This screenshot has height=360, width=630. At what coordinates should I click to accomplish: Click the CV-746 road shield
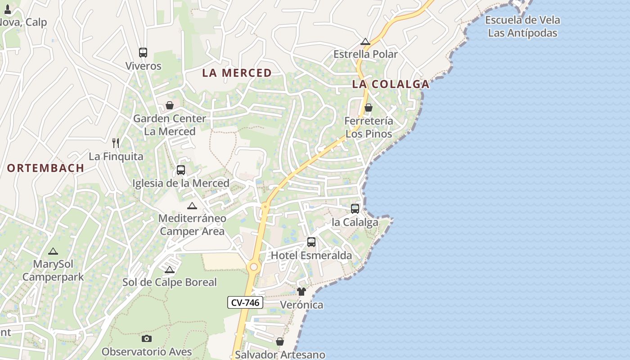(x=245, y=302)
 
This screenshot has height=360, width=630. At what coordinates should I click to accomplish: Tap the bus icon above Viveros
(x=143, y=53)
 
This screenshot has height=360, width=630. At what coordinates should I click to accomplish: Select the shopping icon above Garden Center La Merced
(x=170, y=105)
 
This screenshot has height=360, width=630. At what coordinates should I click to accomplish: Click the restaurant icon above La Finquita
(x=116, y=143)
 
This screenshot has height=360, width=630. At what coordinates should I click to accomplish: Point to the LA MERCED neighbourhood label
(x=237, y=73)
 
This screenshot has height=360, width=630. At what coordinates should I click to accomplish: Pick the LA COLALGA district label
(x=391, y=84)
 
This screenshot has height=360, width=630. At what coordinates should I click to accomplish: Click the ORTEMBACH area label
(x=45, y=168)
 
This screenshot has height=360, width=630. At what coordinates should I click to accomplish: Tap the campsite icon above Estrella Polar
(x=365, y=42)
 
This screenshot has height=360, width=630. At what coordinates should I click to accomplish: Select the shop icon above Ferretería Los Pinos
(x=369, y=108)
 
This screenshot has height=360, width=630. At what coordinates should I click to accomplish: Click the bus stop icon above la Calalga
(x=355, y=209)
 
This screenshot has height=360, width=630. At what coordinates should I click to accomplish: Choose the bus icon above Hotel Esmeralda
(x=311, y=242)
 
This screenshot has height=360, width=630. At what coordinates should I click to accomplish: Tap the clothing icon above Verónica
(x=301, y=292)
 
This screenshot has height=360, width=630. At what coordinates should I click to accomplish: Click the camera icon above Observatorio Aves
(x=147, y=338)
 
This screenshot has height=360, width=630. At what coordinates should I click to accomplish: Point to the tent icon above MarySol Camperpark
(x=53, y=251)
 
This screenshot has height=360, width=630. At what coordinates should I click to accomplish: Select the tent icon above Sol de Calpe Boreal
(x=170, y=270)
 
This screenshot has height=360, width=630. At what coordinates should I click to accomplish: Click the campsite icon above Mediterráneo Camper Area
(x=192, y=206)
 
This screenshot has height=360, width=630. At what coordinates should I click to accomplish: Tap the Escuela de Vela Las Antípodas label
(x=522, y=27)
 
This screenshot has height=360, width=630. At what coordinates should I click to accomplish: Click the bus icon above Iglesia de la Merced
(x=181, y=170)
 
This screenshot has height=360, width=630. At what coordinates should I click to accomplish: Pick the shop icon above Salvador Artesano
(x=280, y=342)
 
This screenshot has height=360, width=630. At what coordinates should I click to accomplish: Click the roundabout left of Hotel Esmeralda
(x=254, y=267)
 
